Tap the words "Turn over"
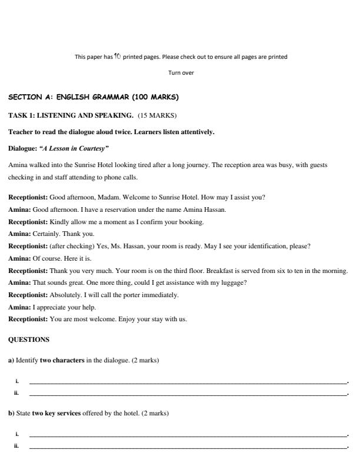[181, 73]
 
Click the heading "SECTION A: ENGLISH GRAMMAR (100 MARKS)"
[94, 97]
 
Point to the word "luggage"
[232, 282]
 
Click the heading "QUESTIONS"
[29, 339]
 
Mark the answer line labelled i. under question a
[188, 382]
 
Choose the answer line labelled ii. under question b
[188, 447]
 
